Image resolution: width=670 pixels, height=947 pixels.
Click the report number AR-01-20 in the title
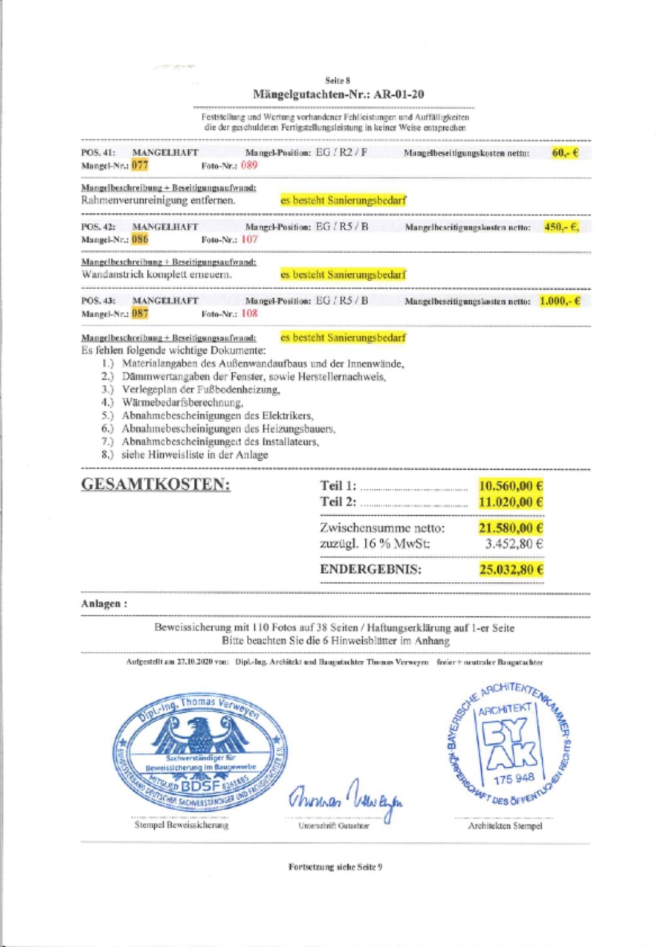coord(398,94)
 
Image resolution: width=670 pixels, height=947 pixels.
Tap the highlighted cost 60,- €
coord(565,153)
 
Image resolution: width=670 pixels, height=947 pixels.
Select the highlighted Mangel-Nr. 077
coord(140,165)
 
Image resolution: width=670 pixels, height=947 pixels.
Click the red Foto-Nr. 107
coord(249,240)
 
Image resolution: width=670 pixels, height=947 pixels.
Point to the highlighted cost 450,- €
coord(561,227)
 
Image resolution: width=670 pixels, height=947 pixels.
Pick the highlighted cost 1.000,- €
coord(560,301)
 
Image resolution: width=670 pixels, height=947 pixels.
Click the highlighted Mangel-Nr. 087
coord(140,313)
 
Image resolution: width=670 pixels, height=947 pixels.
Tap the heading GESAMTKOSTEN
coord(156,485)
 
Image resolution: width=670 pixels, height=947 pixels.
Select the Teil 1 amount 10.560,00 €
coord(510,486)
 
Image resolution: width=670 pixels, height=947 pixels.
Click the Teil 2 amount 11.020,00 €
coord(510,502)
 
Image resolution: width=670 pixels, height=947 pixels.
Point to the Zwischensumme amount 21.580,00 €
coord(510,528)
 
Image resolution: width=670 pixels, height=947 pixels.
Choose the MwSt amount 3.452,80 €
coord(514,544)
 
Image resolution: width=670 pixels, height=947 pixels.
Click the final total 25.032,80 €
coord(511,569)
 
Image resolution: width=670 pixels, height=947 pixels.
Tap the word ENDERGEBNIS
coord(370,569)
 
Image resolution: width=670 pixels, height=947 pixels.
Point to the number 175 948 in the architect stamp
coord(514,779)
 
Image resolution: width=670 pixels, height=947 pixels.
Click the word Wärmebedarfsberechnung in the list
coord(183,402)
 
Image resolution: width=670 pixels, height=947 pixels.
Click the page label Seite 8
coord(338,81)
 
